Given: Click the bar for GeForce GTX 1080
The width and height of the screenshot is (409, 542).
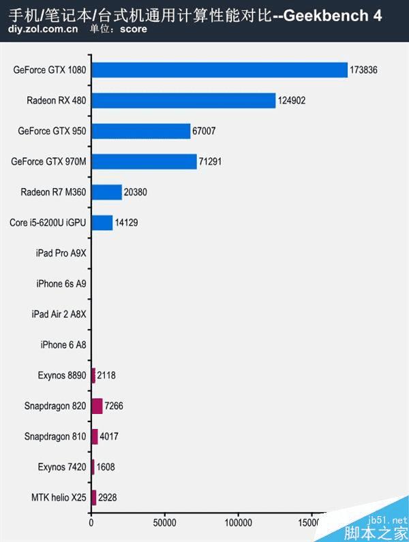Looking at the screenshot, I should pos(219,70).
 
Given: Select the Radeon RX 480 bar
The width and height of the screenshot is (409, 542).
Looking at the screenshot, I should pos(183,101).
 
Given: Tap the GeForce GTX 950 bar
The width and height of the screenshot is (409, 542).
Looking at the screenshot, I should pos(140,131).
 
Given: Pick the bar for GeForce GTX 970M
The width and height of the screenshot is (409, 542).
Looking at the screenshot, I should pos(143,161).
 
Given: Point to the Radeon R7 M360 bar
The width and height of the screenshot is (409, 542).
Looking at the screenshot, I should pos(106,192).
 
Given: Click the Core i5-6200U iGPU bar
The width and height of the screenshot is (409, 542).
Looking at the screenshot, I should pos(102,223).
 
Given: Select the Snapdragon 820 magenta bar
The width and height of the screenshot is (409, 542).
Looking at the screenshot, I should pos(97,406).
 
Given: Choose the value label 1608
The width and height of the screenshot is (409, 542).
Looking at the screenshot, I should pos(107,467).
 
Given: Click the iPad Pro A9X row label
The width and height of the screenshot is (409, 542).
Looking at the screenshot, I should pos(61,253).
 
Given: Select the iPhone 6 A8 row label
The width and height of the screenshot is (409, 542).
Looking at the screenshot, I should pos(63,345).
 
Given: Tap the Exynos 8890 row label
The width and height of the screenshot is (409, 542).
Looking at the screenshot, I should pos(62,375).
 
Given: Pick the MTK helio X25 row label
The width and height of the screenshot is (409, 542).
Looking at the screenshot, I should pos(59,497).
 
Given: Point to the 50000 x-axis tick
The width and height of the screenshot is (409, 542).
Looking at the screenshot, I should pos(164,523).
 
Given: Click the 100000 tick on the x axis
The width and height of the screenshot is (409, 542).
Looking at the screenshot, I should pos(238,523).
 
